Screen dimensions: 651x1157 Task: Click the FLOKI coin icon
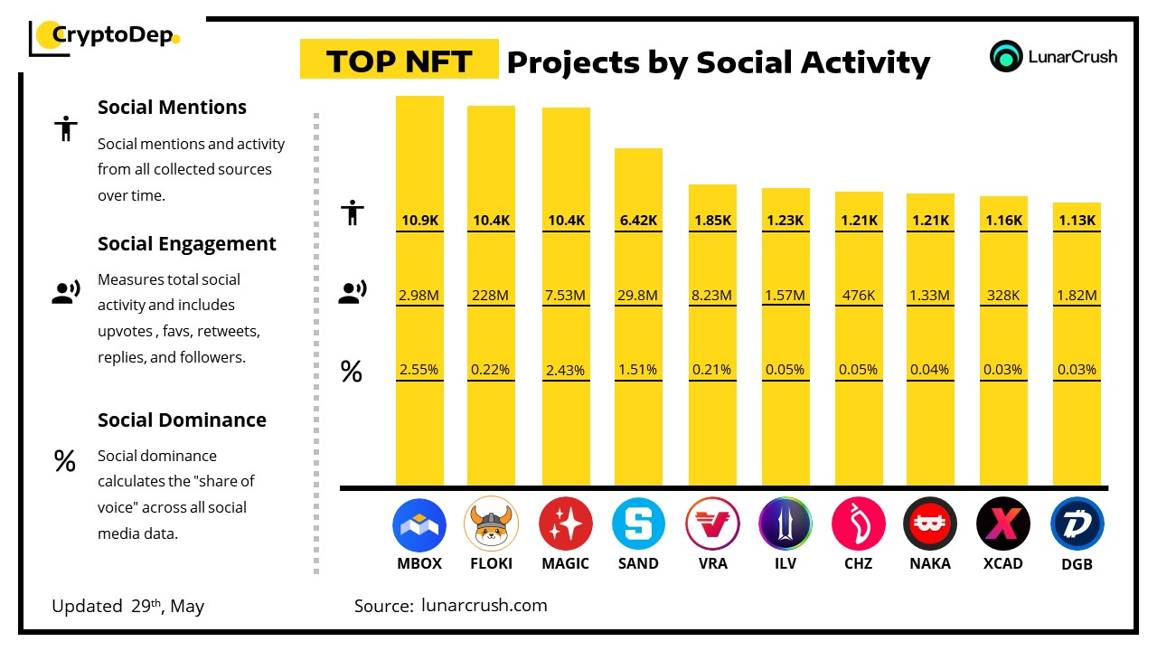click(x=492, y=524)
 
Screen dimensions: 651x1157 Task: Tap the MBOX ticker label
click(x=419, y=563)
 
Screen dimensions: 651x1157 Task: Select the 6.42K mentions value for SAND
click(x=638, y=220)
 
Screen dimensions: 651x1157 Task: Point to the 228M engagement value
click(x=491, y=295)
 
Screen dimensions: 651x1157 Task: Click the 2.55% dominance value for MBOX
click(x=419, y=369)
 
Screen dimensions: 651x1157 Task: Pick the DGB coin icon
click(x=1077, y=524)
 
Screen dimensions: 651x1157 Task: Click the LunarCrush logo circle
click(x=1005, y=56)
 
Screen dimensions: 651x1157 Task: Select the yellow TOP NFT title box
click(x=400, y=61)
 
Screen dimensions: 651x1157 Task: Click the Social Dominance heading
click(x=182, y=420)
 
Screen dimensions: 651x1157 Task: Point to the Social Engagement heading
click(x=187, y=243)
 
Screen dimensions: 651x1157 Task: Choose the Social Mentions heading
click(x=172, y=107)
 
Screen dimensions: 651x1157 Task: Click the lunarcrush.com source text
click(x=484, y=605)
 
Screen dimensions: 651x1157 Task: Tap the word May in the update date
click(x=186, y=606)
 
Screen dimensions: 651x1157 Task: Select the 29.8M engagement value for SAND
click(x=638, y=295)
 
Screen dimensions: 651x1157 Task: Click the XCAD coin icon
click(x=1003, y=524)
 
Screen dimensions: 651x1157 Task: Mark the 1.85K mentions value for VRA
click(x=712, y=220)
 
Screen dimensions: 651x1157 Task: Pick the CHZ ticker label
click(x=858, y=563)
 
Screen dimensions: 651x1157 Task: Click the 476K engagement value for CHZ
click(x=859, y=295)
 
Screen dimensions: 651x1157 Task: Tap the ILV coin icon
click(x=785, y=524)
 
